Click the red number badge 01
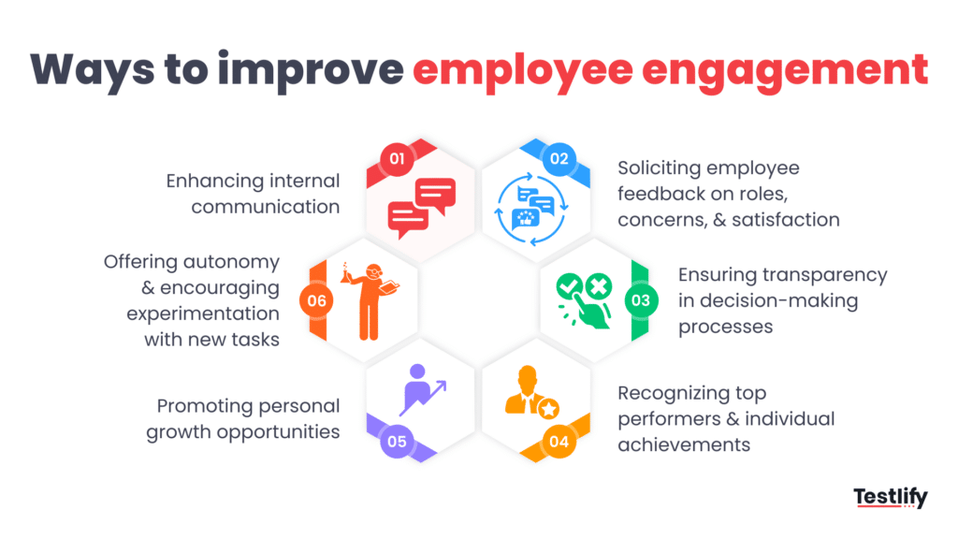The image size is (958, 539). tap(397, 159)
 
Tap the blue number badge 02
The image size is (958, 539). tap(559, 159)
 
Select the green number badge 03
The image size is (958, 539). tap(639, 300)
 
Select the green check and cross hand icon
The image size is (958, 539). tap(584, 299)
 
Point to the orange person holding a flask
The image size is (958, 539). tap(370, 299)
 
